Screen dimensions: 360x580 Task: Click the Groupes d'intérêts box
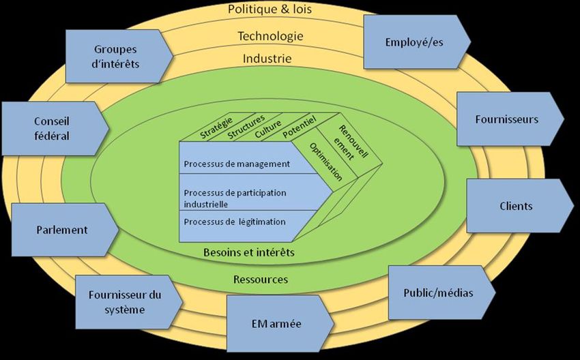[x=115, y=57]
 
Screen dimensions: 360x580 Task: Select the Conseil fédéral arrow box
[x=52, y=127]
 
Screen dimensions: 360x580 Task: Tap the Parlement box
[x=61, y=230]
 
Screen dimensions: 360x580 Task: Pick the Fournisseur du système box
[x=125, y=301]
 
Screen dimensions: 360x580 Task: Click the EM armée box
[x=276, y=323]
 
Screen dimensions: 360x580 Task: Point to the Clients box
[x=516, y=206]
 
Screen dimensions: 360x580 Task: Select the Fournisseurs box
[x=507, y=119]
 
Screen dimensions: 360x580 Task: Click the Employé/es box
[x=414, y=42]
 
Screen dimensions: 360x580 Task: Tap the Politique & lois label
[x=271, y=10]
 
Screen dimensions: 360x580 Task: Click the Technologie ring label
[x=270, y=35]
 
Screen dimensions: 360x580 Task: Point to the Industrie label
[x=267, y=59]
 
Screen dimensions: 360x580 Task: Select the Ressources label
[x=261, y=279]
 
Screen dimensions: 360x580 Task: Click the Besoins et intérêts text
[x=249, y=252]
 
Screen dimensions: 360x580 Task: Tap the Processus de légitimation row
[x=235, y=222]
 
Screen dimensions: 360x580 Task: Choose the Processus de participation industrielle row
[x=235, y=198]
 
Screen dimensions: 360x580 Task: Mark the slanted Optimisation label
[x=325, y=162]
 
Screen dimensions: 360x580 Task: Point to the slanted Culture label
[x=268, y=127]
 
